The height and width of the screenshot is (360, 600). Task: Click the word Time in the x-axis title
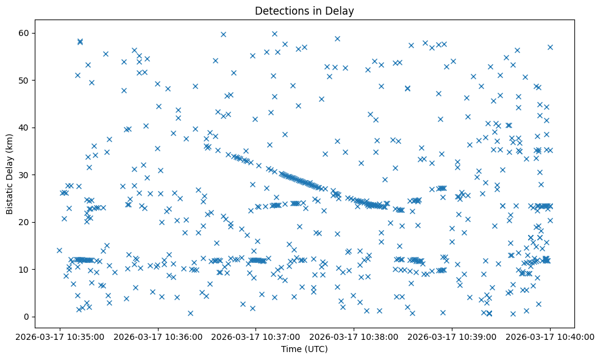point(291,350)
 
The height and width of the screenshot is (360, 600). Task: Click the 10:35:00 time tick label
point(60,336)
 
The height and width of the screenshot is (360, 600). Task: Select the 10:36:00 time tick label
point(158,336)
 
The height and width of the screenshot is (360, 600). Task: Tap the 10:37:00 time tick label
point(256,336)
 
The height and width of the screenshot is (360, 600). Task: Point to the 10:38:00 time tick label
point(354,336)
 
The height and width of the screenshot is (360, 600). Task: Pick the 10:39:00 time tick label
point(452,336)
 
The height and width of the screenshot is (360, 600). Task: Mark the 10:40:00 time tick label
point(551,336)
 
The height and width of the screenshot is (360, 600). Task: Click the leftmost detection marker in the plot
point(59,250)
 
